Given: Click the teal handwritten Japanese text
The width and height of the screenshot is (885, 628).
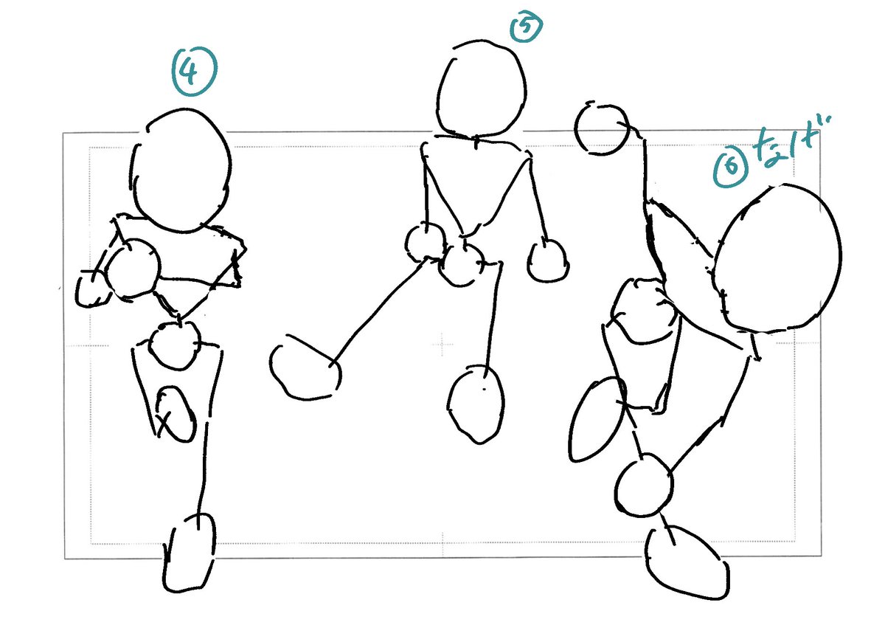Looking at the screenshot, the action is tap(786, 142).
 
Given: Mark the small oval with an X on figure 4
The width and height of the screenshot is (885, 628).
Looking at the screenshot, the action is tap(175, 414).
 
